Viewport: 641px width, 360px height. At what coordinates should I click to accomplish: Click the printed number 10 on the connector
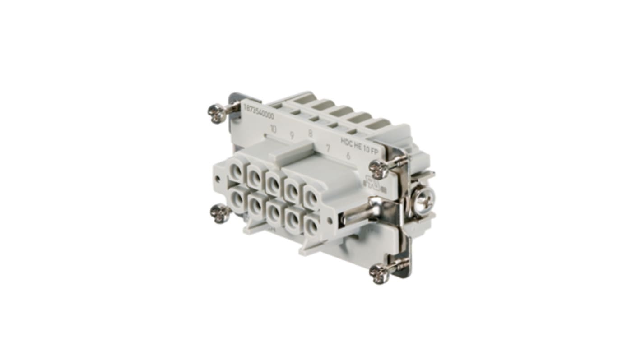(x=273, y=129)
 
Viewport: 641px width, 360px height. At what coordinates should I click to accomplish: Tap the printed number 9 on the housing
(x=292, y=134)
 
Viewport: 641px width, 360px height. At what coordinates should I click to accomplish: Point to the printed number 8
(x=310, y=134)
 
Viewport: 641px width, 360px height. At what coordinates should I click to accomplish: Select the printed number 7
(x=328, y=148)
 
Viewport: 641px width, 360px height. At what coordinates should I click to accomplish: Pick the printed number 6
(x=348, y=156)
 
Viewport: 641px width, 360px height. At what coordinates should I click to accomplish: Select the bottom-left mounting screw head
(x=220, y=213)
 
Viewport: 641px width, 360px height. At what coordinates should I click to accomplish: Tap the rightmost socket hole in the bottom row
(x=311, y=225)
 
